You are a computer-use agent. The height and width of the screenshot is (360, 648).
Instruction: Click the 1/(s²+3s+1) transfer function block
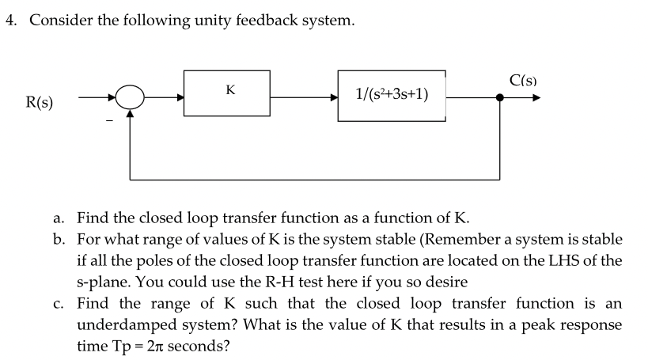[x=392, y=95]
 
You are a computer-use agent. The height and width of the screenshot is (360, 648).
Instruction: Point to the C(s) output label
[x=524, y=80]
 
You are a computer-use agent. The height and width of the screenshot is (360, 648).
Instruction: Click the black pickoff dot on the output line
[x=500, y=98]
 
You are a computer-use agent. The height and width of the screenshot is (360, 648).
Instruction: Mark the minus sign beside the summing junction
[x=111, y=121]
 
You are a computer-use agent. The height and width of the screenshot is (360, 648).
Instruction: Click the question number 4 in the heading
[x=10, y=21]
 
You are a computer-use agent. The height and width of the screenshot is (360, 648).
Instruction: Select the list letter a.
[x=59, y=217]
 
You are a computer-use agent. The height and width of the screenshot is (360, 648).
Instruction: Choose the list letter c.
[x=59, y=303]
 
